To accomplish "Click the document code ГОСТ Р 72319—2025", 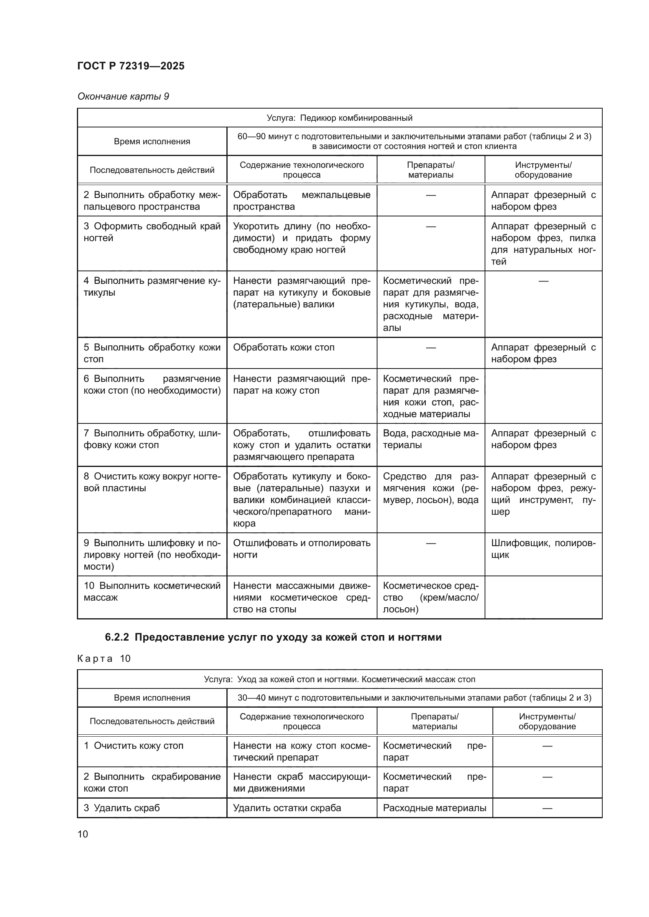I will [131, 66].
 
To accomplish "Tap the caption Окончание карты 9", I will [123, 96].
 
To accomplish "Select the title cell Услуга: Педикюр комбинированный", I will [339, 118].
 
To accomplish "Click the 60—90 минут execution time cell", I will [414, 142].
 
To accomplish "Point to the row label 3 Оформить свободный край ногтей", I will [152, 232].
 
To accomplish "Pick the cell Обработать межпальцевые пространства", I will [301, 200].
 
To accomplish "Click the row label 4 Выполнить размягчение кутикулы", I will [152, 287].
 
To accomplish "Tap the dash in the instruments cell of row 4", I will [543, 281].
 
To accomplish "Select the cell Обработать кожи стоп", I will [284, 347].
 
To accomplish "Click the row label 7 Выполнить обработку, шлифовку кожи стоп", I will [152, 439].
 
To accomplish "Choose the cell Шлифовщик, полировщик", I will [543, 549].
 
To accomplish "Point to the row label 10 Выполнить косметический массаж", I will [152, 592].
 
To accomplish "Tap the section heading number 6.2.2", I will [117, 637].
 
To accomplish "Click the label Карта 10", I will [104, 659].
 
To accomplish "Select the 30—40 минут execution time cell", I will [414, 698].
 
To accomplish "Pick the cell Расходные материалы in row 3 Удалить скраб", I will [434, 808].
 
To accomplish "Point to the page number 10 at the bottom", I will [83, 834].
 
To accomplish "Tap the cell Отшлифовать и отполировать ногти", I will [301, 549].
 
